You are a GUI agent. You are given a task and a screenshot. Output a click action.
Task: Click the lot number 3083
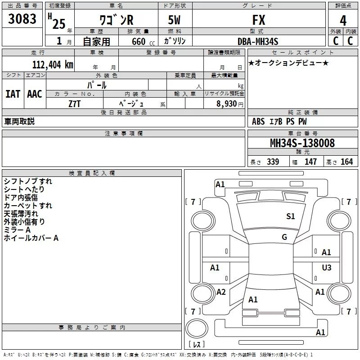22,19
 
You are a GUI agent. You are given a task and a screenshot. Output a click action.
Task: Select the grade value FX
259,20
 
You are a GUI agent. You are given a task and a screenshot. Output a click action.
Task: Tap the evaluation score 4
343,21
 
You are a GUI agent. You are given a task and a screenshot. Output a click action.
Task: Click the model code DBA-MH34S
258,41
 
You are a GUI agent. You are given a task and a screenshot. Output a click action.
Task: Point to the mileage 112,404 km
53,65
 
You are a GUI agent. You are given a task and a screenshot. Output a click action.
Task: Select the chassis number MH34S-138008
302,143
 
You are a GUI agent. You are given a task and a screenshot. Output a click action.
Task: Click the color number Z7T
75,103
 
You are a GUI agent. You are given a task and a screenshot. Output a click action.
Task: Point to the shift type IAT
13,94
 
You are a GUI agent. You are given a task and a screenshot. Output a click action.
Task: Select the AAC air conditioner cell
35,94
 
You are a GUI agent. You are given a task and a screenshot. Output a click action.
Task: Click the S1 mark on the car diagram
291,216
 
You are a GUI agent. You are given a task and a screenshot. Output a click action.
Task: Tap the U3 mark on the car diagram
327,268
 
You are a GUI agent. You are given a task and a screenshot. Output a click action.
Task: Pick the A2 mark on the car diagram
221,292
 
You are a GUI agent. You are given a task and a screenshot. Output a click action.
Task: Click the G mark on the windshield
284,237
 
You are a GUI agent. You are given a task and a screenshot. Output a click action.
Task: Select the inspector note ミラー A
18,230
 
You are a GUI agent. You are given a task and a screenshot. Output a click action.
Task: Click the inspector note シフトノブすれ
28,181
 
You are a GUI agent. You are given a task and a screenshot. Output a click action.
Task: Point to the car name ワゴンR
116,21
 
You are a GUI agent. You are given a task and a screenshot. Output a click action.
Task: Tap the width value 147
310,162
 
